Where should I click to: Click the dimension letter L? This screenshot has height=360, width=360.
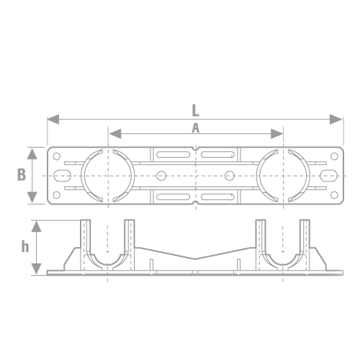196,111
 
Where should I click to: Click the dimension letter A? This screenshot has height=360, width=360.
196,128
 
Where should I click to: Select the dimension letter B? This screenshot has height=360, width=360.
22,174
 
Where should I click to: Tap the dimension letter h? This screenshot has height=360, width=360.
25,246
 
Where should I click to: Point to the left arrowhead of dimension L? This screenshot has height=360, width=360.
53,120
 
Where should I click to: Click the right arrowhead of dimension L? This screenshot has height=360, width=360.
336,120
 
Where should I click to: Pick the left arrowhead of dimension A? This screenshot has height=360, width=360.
115,134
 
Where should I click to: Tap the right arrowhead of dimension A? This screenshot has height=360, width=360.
277,134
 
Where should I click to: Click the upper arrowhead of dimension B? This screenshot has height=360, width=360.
32,153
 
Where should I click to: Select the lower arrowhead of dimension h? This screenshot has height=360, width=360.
36,269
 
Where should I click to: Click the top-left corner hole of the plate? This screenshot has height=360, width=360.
56,156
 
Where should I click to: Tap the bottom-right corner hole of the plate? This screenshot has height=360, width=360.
334,195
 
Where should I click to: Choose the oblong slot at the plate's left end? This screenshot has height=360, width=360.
62,176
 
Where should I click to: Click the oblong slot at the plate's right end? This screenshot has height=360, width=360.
328,176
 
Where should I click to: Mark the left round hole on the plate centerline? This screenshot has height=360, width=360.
161,176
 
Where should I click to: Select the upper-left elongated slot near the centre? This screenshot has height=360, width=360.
173,154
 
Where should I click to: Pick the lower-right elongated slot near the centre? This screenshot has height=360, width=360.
217,197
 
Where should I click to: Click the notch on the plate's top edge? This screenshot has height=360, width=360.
196,148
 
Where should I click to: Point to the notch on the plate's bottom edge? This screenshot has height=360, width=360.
196,203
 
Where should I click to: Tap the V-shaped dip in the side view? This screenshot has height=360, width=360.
195,259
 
